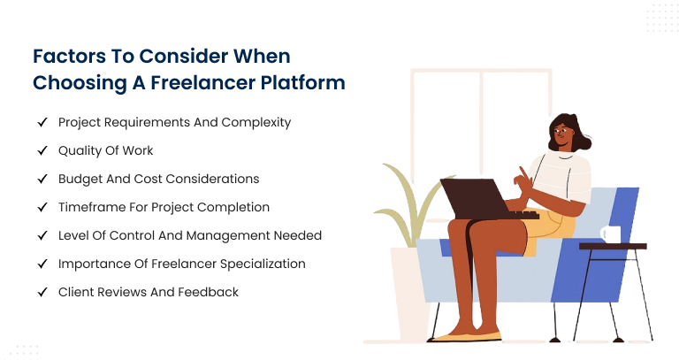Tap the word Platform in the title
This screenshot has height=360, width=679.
(x=303, y=83)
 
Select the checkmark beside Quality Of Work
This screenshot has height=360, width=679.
(x=42, y=150)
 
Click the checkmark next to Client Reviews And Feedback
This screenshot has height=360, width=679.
(x=42, y=293)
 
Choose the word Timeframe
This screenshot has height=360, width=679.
(x=92, y=207)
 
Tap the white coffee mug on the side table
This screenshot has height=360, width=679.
(x=611, y=234)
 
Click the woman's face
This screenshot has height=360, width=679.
(x=561, y=135)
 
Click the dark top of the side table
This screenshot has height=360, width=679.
(x=613, y=246)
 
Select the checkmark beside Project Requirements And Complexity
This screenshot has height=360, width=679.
(x=42, y=123)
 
